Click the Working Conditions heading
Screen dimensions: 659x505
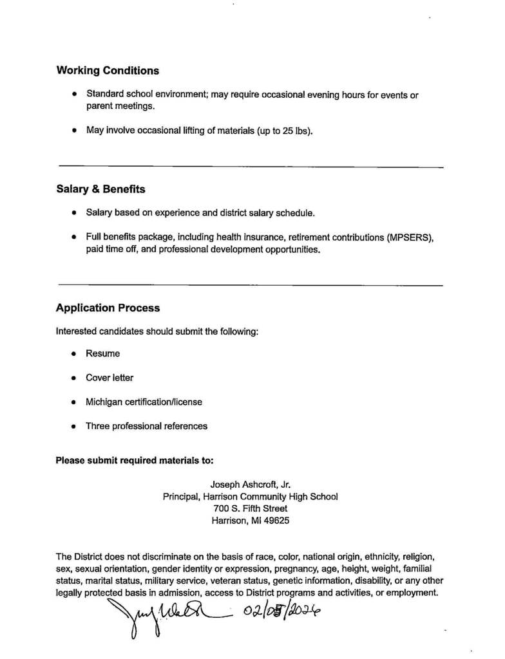[x=108, y=71]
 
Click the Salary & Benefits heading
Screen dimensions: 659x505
[x=100, y=189]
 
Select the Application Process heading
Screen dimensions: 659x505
[x=108, y=308]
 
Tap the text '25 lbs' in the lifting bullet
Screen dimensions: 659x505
[x=297, y=131]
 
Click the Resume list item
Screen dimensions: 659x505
[x=102, y=353]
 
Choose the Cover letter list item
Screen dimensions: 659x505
[x=110, y=378]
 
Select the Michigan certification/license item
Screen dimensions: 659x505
[x=144, y=402]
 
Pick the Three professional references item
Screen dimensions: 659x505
[x=146, y=426]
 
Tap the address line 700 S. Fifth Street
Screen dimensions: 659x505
[x=251, y=508]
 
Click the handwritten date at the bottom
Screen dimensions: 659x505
[x=280, y=611]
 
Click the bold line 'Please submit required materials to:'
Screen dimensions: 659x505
[x=135, y=461]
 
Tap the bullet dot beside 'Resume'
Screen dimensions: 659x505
[x=74, y=354]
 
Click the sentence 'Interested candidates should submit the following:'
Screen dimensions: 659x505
[x=157, y=331]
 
